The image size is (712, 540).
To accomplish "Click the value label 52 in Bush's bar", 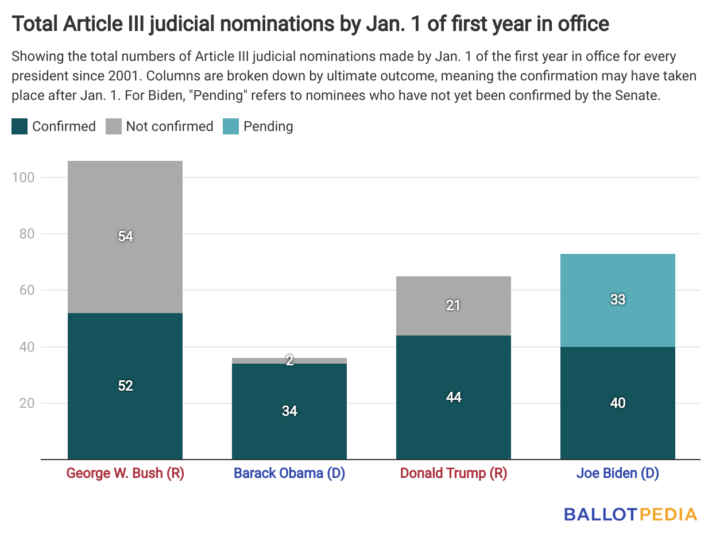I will [x=125, y=386].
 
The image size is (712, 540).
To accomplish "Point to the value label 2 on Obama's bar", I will [x=289, y=361].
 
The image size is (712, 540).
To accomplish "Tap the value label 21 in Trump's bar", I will [x=454, y=306].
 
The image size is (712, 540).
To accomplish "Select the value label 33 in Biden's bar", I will [x=618, y=300].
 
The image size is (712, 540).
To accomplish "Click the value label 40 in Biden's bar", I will [x=618, y=403].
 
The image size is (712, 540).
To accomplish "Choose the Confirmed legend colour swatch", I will [x=20, y=126].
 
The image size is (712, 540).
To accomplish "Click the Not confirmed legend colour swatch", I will [x=113, y=126].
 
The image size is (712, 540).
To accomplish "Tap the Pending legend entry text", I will [x=268, y=126].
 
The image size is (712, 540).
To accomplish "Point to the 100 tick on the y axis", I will [x=24, y=178].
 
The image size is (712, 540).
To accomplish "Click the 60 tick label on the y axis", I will [x=26, y=291].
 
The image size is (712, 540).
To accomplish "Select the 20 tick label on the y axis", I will [x=26, y=403].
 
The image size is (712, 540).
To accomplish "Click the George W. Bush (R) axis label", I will [x=125, y=474].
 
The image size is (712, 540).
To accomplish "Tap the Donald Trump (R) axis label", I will [x=454, y=474].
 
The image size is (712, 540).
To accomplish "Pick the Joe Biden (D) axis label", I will [x=618, y=474].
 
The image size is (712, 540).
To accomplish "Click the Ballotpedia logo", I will [x=630, y=514].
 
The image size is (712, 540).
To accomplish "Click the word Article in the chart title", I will [x=96, y=24].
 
